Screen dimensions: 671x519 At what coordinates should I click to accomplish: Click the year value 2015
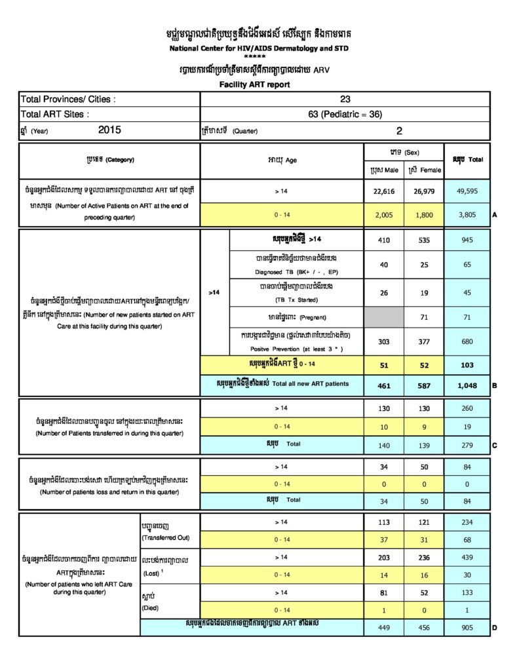(110, 130)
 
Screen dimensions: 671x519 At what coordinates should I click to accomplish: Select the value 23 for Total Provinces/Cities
(345, 100)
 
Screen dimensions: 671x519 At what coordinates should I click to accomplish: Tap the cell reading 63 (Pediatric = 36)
(345, 114)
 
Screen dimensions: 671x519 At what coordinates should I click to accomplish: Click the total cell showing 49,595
(467, 191)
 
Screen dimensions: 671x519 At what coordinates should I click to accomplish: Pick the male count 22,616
(383, 191)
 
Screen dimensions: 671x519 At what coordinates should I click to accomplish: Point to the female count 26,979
(424, 191)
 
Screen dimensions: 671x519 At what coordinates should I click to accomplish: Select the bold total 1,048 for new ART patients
(467, 385)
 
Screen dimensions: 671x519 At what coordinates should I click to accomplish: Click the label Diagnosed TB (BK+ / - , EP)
(296, 273)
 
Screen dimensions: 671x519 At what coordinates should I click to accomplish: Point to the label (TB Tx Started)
(296, 300)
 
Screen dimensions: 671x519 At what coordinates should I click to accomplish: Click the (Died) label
(151, 608)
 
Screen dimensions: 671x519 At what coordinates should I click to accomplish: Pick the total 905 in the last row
(467, 627)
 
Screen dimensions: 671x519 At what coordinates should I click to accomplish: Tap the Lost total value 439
(467, 557)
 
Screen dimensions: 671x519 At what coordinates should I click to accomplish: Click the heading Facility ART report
(254, 85)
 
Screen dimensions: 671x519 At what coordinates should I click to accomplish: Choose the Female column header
(424, 170)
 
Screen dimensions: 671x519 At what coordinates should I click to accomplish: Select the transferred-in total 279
(467, 446)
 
